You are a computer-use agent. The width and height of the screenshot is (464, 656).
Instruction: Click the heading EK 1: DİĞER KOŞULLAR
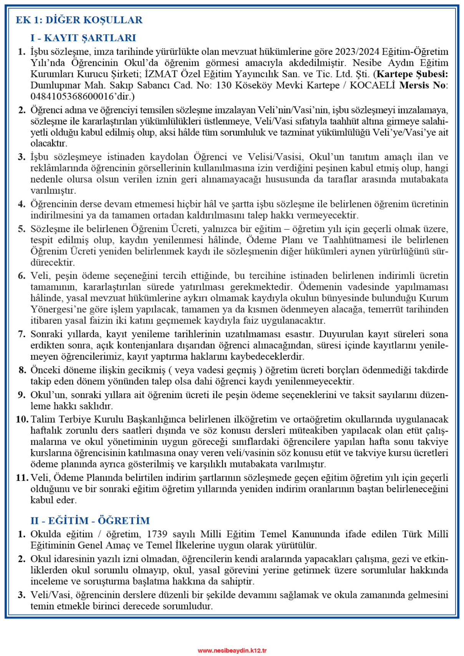[79, 20]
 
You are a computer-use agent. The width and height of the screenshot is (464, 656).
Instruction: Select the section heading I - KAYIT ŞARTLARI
[83, 38]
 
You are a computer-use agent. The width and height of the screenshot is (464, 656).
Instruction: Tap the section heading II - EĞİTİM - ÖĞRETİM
[90, 520]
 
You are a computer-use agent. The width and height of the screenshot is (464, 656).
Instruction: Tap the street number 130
[224, 85]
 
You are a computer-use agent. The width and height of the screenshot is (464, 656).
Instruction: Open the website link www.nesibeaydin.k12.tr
[232, 650]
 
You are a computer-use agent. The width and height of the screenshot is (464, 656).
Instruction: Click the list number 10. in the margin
[22, 419]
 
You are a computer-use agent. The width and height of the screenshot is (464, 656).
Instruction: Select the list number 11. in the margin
[22, 478]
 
